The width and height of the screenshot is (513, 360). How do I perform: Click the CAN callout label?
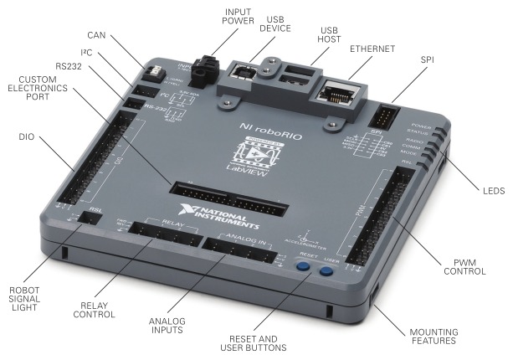tap(95, 35)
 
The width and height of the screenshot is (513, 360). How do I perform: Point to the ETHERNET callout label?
tap(373, 49)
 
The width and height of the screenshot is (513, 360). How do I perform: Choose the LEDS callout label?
tap(493, 191)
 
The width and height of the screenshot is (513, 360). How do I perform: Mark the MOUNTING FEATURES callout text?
tap(434, 337)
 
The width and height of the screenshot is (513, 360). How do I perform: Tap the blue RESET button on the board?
tap(304, 270)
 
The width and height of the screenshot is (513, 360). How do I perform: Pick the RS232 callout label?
tap(69, 64)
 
